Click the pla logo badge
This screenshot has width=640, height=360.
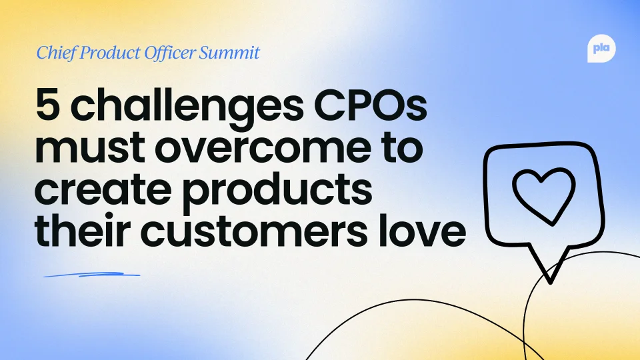(x=601, y=49)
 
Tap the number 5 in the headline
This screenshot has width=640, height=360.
(x=48, y=105)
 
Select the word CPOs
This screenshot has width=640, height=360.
(x=370, y=105)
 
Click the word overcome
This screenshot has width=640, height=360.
(x=263, y=149)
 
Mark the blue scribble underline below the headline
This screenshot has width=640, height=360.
(x=91, y=275)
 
